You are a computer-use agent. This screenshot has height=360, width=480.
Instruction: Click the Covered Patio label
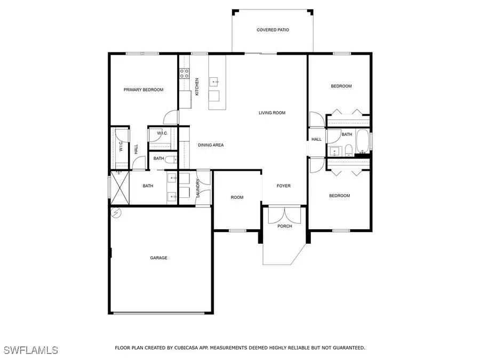tap(273, 30)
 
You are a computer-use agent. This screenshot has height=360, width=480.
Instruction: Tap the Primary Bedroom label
tap(143, 90)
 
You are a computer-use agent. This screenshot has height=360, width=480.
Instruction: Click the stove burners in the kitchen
tap(185, 73)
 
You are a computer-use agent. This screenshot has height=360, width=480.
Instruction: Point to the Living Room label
tap(272, 113)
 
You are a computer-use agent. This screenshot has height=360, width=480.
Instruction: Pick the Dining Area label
tap(211, 145)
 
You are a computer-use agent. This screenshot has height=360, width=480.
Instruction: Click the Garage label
tap(158, 258)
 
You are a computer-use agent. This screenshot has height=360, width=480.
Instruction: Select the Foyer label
tap(283, 186)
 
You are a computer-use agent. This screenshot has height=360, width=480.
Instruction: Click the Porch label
tap(285, 226)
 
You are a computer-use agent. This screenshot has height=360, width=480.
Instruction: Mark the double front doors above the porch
tap(285, 215)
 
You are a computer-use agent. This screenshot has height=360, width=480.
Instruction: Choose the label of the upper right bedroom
tap(341, 86)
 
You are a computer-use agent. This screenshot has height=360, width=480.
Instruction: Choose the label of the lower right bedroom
tap(339, 196)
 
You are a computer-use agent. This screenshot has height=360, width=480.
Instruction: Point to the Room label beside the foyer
tap(237, 197)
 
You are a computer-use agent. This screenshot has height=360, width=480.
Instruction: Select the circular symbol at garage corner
tap(116, 213)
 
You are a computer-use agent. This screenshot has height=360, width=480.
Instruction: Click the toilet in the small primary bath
tap(170, 159)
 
